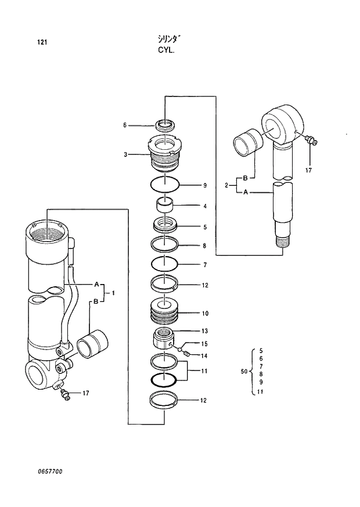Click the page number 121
coord(41,42)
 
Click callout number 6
coord(124,125)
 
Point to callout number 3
coord(125,154)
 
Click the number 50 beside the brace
coord(244,371)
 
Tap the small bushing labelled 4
coord(165,206)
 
